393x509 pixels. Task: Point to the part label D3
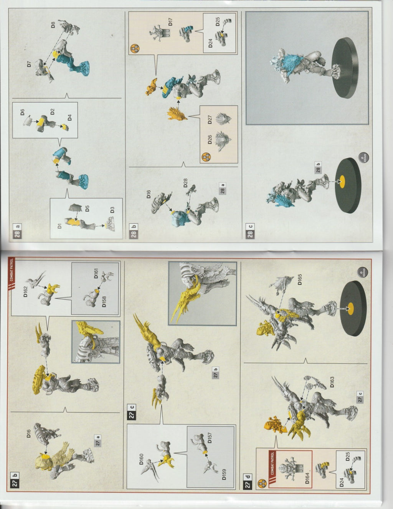[x=112, y=210]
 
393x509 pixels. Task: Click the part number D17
[x=170, y=21]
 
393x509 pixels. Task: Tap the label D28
[x=185, y=183]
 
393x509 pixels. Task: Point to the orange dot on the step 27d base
[x=350, y=306]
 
